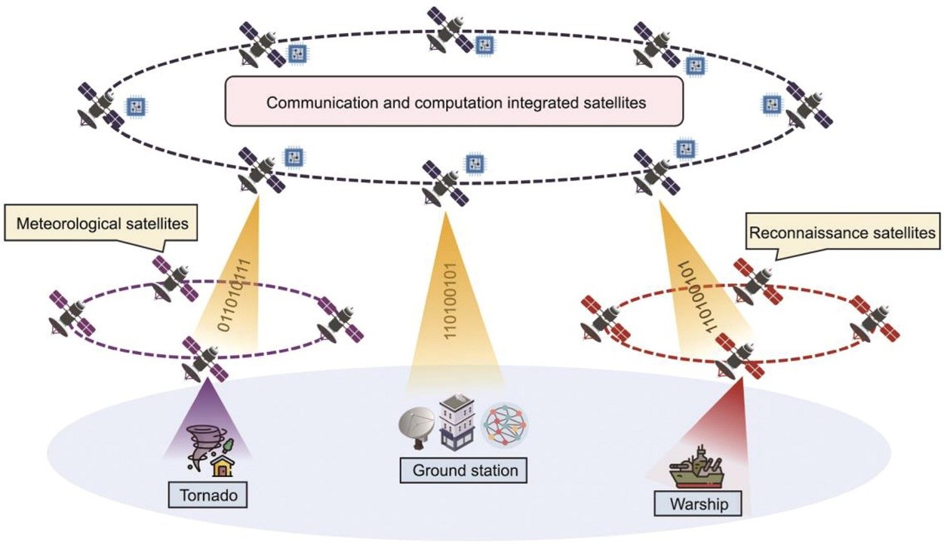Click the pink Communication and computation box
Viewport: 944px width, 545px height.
455,103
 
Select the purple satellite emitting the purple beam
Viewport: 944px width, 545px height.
204,359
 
